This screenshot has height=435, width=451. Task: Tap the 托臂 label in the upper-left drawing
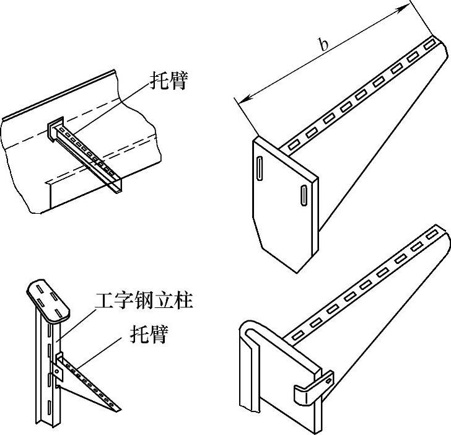click(168, 81)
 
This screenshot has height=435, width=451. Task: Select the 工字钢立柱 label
click(144, 301)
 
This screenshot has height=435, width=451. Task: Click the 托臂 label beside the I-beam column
click(149, 334)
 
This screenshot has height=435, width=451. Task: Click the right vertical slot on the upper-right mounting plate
click(304, 193)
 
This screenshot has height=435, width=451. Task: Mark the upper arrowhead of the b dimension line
click(408, 6)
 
